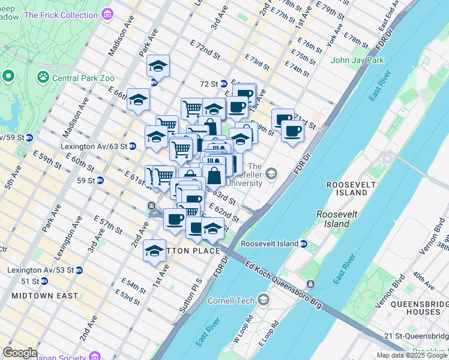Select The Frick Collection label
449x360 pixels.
(61, 14)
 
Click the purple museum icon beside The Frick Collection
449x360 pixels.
(107, 14)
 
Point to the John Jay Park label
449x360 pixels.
(357, 60)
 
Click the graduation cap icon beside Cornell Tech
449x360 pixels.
(264, 299)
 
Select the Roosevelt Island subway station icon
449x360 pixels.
(304, 244)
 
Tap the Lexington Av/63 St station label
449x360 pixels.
(94, 146)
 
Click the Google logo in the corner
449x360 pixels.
(20, 353)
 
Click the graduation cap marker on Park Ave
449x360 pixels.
(158, 66)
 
